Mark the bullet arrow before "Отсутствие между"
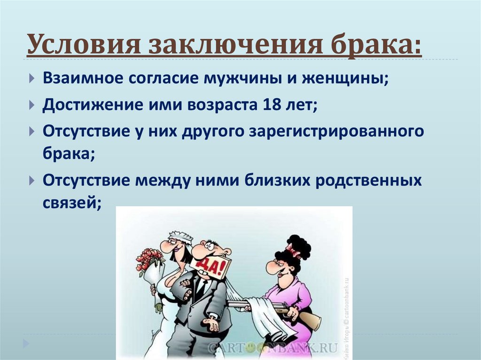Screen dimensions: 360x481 point(31,180)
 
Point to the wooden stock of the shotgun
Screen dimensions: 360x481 point(309,319)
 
